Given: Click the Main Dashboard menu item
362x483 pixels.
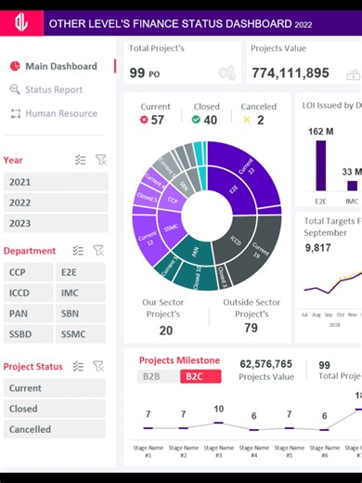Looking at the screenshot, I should point(60,66).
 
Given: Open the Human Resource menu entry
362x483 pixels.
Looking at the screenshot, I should point(60,113).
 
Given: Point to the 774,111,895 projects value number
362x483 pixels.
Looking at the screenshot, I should point(290,72).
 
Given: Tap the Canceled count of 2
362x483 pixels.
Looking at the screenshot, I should point(260,120).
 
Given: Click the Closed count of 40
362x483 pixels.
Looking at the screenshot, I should point(210,120).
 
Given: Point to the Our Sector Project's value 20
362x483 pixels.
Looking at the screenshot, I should point(165,330).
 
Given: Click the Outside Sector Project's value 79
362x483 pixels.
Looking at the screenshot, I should point(251,328).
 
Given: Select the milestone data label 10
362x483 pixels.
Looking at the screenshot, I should point(218,409).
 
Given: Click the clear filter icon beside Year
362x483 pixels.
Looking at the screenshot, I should point(98,160).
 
